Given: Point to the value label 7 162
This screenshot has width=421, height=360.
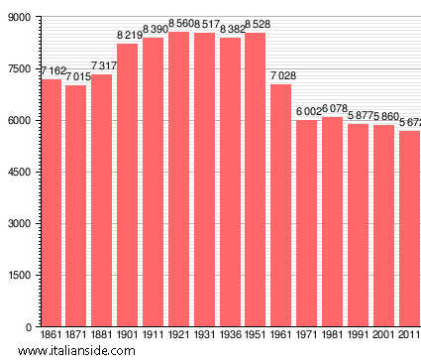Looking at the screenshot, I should point(52,72).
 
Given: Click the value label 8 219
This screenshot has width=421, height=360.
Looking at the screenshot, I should point(129,36).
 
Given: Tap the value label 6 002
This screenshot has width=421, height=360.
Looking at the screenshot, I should point(308,112).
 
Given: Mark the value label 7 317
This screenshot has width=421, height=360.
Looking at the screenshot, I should point(103,66).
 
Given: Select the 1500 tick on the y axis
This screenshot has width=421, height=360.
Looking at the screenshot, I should point(18,276).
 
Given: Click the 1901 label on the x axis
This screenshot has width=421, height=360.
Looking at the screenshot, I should point(128,337).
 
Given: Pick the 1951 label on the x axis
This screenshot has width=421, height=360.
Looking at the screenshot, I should point(256,337).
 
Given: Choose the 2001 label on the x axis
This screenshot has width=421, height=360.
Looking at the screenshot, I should point(383,337).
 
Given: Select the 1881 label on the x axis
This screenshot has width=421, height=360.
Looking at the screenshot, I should point(102,337).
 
